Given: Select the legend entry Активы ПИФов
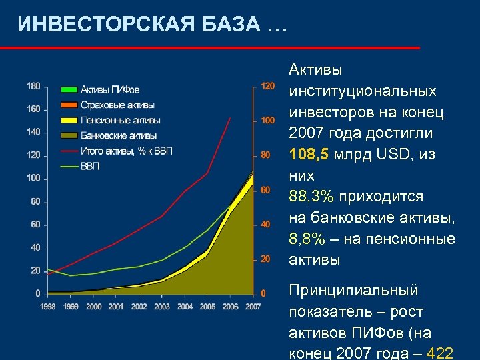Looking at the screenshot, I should (110, 89).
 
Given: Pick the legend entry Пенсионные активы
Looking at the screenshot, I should (120, 120).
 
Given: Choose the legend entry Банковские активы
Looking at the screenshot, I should (119, 136).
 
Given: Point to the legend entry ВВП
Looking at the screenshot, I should (90, 166).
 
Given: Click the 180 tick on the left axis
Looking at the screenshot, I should (33, 85).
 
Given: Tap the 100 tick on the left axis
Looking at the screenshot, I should (33, 178).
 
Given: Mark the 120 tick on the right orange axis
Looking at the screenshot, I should (267, 86).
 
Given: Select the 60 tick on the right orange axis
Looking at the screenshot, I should (265, 190).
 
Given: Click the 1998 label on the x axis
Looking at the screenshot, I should (47, 307).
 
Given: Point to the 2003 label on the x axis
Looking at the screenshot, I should (162, 307).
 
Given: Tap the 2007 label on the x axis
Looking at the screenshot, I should (253, 307).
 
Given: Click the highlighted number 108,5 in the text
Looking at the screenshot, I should (309, 154).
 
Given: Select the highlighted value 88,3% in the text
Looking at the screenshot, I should (311, 197).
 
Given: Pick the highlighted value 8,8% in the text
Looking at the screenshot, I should (307, 239).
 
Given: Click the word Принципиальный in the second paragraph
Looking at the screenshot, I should (353, 291).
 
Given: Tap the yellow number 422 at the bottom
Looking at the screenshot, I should (441, 354).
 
